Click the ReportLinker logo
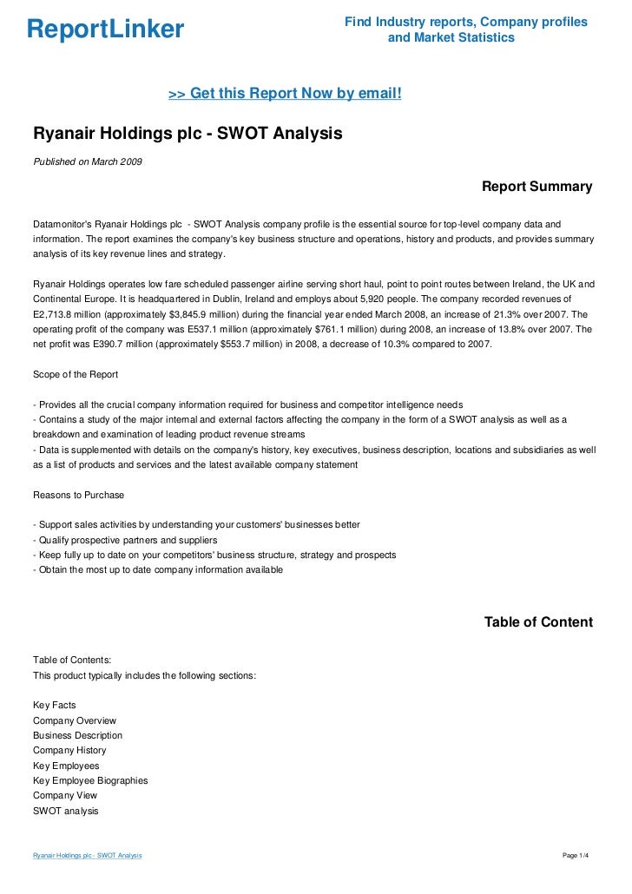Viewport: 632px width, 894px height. click(105, 30)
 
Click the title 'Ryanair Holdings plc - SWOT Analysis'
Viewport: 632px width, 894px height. click(188, 135)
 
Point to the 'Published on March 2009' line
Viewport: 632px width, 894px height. click(87, 161)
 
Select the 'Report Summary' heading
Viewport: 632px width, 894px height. click(537, 187)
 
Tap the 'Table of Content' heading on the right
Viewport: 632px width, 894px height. click(537, 622)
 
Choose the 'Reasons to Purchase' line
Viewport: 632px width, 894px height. click(78, 495)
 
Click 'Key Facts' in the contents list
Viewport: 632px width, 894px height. click(55, 705)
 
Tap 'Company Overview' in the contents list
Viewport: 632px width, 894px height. click(75, 720)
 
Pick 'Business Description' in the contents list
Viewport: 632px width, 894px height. click(77, 735)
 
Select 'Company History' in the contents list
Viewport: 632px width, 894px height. click(69, 750)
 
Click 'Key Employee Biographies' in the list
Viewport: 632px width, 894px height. click(90, 780)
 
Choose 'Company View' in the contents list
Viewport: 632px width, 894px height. click(65, 795)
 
